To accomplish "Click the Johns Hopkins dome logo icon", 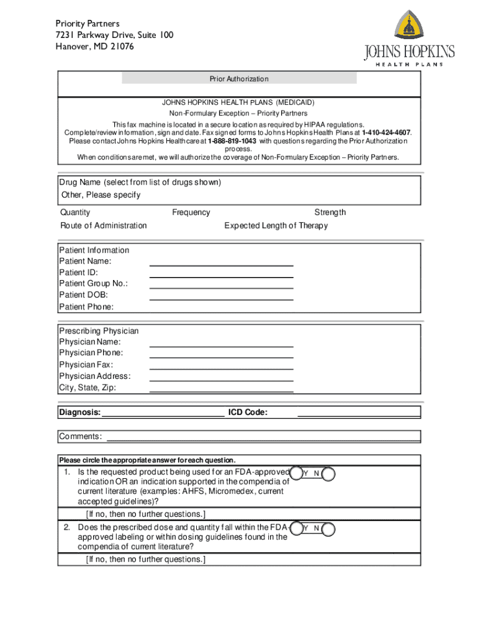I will pos(410,26).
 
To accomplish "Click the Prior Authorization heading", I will pos(239,79).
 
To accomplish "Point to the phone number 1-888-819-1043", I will pos(232,141).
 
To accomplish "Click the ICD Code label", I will pos(248,412).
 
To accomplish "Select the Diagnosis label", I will pos(79,412).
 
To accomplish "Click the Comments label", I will pos(81,437).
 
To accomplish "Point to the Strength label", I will pos(330,212).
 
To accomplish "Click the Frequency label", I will pos(191,212).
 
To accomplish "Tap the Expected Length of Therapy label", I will pos(276,225).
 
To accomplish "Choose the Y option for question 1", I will pos(305,474).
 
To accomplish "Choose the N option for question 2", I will pos(317,528).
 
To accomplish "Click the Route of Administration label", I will pos(104,225).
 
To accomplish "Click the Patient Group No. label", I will pos(94,284).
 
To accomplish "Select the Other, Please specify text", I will pos(101,195).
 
